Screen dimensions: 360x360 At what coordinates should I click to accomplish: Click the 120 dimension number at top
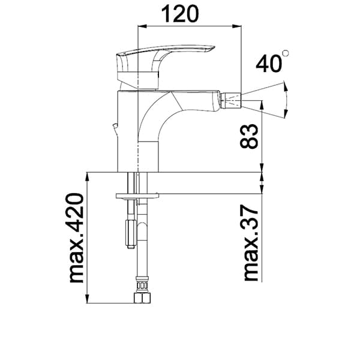click(x=180, y=14)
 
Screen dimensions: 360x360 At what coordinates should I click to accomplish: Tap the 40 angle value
click(x=269, y=64)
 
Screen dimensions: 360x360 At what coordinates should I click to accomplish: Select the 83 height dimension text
click(x=249, y=136)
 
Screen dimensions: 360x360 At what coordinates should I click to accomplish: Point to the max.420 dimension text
click(x=76, y=238)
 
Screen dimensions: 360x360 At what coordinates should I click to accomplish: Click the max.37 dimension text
click(x=251, y=242)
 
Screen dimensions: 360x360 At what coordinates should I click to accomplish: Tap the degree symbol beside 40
click(x=286, y=53)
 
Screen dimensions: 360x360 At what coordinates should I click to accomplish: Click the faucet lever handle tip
click(x=212, y=47)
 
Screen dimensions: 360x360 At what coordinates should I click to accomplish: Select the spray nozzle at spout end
click(x=230, y=100)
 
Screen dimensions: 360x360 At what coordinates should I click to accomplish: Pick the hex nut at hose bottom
click(x=142, y=298)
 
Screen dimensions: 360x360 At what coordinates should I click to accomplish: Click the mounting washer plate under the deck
click(x=137, y=196)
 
